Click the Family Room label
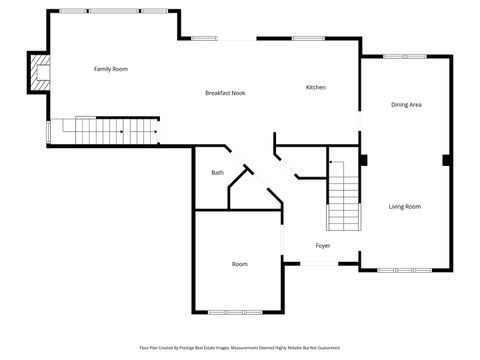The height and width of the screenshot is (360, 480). coord(111,69)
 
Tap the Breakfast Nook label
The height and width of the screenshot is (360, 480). coord(225,93)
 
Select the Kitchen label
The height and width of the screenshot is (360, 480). coord(316,87)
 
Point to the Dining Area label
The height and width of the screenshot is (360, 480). coord(405,105)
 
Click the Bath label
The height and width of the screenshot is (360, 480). coord(217,173)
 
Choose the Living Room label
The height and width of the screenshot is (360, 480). coord(404,207)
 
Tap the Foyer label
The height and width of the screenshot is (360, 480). coord(323,245)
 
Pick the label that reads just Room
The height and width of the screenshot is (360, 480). coord(240,264)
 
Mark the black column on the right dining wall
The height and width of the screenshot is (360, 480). coord(446,160)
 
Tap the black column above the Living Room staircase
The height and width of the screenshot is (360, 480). coord(363,159)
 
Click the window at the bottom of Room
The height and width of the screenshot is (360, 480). coord(237,311)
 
